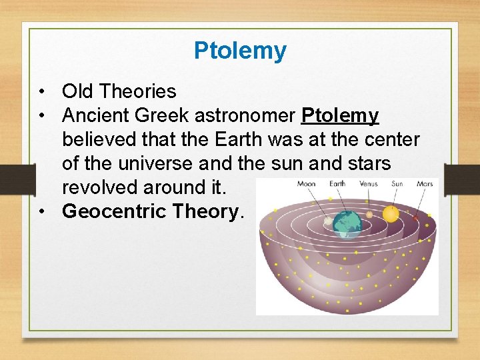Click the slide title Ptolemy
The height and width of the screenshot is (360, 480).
point(240,51)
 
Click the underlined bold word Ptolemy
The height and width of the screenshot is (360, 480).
point(340,115)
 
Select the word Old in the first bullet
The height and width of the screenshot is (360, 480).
point(76,91)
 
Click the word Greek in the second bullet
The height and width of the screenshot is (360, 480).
point(164,115)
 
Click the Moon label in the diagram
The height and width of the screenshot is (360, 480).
point(306,183)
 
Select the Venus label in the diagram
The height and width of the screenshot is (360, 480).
point(368,183)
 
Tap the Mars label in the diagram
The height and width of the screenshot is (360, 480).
point(424,183)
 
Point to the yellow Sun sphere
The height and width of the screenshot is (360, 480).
point(390,213)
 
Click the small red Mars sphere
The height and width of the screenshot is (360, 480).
point(416,217)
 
